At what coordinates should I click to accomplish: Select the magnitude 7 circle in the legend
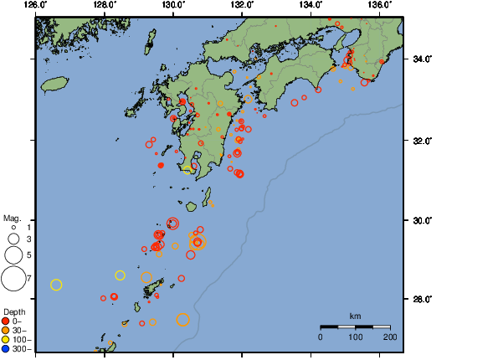pos(13,278)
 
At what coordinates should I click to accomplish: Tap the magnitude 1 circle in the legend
pos(13,227)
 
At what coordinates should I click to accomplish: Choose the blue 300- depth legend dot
pos(6,348)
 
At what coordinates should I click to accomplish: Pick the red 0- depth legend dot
pos(6,321)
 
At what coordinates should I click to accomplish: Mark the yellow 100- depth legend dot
pos(6,339)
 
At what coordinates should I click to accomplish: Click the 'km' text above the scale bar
pos(355,316)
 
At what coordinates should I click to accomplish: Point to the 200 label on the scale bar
pos(389,337)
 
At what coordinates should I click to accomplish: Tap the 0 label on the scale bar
pos(321,337)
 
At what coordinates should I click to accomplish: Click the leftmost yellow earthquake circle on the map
pos(56,285)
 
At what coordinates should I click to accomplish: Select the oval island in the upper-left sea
pos(54,85)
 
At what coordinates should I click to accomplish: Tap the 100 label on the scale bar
pos(355,337)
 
